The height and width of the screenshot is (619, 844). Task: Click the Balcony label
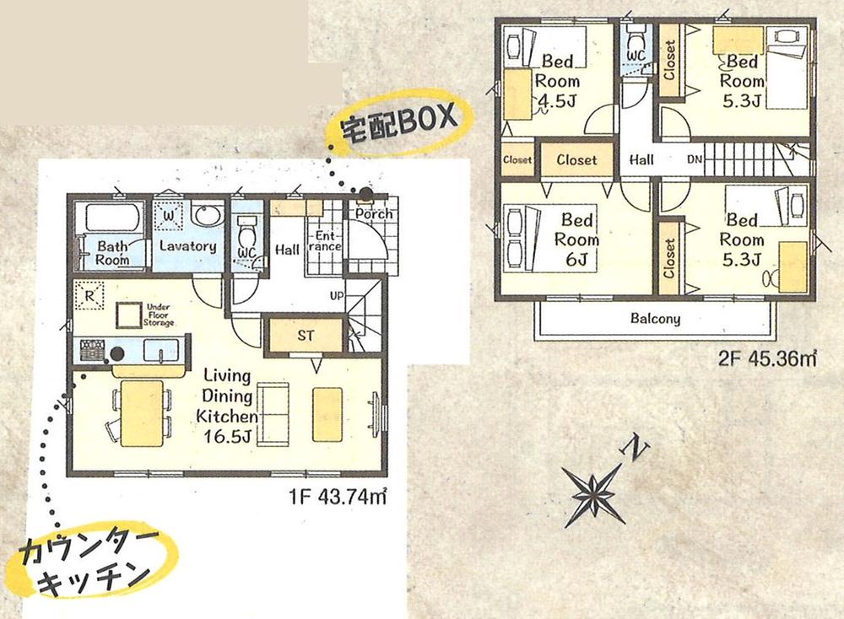655,319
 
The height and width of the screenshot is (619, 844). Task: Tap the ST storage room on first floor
306,336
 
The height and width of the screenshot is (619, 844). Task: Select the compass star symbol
593,493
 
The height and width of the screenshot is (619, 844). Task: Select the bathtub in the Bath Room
112,218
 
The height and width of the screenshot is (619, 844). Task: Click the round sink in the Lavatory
208,216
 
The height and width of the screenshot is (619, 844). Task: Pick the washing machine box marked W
169,216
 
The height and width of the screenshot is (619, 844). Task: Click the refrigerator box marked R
89,296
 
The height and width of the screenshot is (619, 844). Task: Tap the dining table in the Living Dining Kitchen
142,413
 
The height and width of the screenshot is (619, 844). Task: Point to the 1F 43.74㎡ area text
338,497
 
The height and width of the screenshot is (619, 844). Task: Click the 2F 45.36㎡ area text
767,358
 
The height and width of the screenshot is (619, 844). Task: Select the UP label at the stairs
337,296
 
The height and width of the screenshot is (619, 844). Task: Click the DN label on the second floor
695,159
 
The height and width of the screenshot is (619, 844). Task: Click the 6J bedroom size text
576,260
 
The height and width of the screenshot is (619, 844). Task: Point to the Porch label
374,214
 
